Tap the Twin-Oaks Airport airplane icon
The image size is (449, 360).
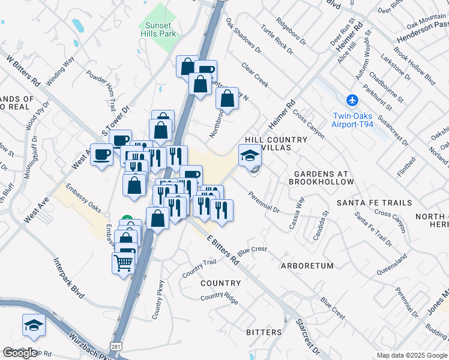352,100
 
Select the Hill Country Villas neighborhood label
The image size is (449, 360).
276,143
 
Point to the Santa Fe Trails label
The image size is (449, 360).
374,203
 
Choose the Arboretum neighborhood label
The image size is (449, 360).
307,265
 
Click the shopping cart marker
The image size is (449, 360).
123,262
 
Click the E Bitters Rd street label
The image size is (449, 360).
223,250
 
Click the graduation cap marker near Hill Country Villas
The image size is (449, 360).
250,156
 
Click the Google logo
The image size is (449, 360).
20,353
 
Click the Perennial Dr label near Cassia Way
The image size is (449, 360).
264,203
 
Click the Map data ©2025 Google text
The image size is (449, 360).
412,355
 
